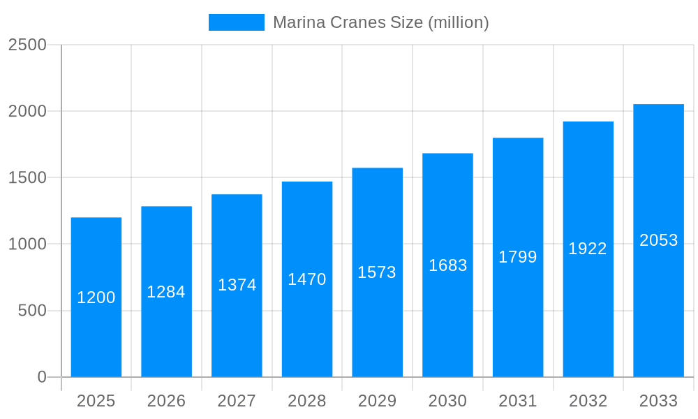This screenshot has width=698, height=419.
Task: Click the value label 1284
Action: tap(166, 292)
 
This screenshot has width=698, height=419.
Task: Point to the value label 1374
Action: tap(237, 285)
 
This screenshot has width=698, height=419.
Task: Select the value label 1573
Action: tap(377, 272)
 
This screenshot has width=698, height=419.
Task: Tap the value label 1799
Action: tap(518, 257)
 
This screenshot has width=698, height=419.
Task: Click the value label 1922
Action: tap(588, 249)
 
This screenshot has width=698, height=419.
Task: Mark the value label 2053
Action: tap(659, 240)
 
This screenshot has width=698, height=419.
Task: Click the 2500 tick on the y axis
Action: tap(27, 45)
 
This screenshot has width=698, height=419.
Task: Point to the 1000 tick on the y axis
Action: tap(27, 244)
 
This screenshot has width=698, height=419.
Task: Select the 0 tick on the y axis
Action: tap(41, 377)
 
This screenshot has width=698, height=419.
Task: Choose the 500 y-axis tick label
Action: tap(32, 311)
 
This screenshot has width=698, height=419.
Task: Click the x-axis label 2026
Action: tap(166, 401)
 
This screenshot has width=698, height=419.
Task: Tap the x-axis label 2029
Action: tap(377, 401)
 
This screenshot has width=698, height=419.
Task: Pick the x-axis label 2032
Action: tap(588, 401)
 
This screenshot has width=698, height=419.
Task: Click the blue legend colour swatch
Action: tap(237, 22)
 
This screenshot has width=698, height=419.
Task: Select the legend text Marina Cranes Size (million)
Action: tap(380, 22)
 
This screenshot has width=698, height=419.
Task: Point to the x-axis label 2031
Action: tap(518, 401)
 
